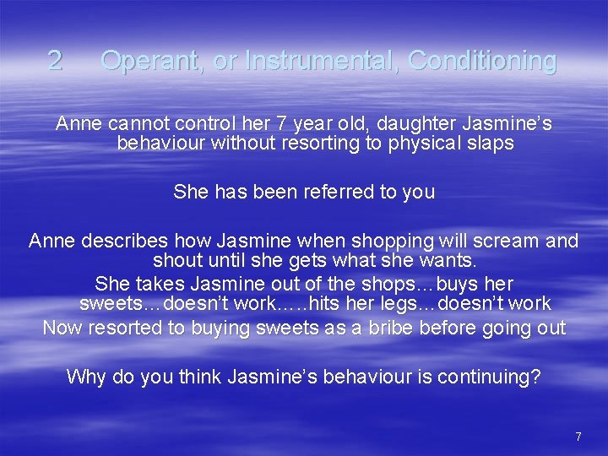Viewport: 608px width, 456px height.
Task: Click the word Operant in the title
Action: pyautogui.click(x=157, y=61)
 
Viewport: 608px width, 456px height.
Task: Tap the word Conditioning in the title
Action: pyautogui.click(x=482, y=61)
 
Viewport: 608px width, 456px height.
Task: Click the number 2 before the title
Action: pyautogui.click(x=55, y=61)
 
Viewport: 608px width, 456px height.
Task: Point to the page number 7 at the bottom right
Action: pyautogui.click(x=578, y=437)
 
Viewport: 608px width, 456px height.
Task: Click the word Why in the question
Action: pyautogui.click(x=86, y=377)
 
